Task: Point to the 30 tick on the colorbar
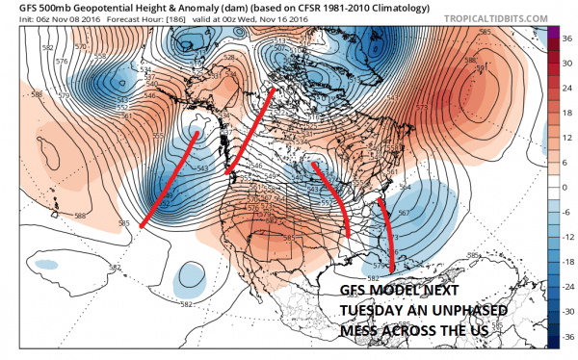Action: [x=567, y=60]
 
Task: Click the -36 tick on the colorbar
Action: [x=567, y=337]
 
